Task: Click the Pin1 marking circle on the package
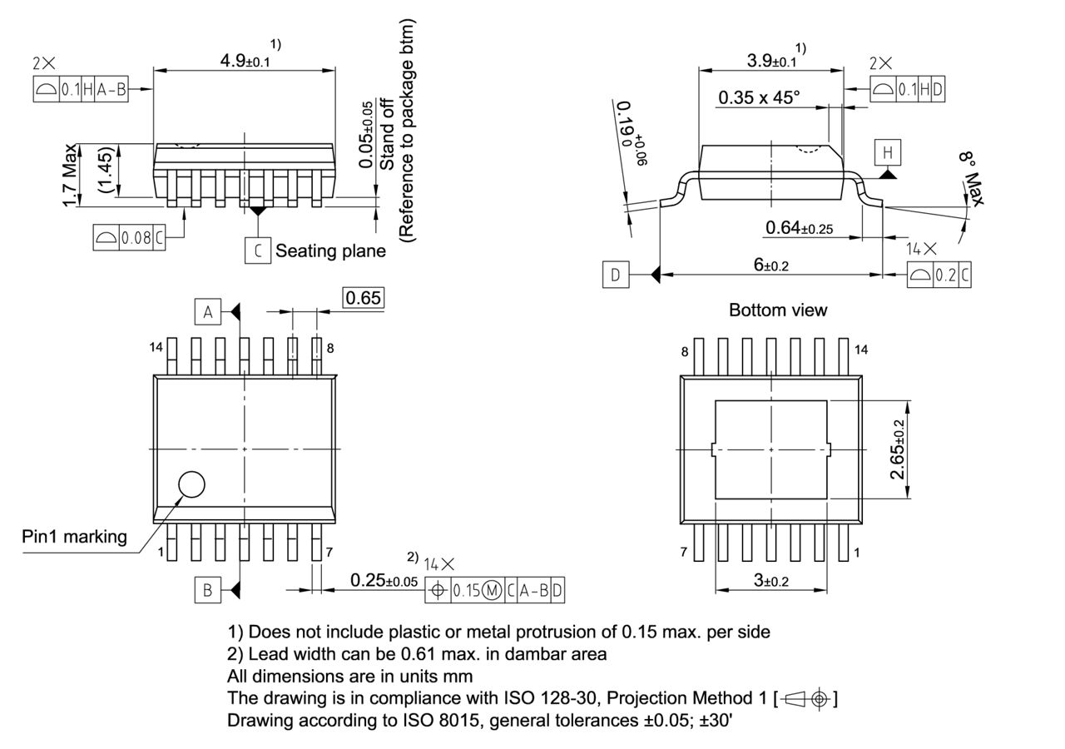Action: pos(192,484)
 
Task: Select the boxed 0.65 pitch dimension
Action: pos(364,297)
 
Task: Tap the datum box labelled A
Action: pos(208,311)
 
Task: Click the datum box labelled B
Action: pos(208,590)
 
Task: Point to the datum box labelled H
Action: pos(888,152)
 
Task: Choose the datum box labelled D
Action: pos(615,275)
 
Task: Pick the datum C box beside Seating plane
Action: pos(258,250)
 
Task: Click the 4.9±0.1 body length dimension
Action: pos(245,60)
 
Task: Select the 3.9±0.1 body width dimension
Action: pos(770,60)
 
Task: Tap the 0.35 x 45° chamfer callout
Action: pos(759,98)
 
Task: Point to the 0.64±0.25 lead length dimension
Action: pos(800,227)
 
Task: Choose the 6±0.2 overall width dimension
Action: pos(770,265)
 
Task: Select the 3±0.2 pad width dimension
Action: pos(770,580)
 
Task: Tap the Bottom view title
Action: pos(778,310)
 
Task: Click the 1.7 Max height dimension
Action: pos(72,175)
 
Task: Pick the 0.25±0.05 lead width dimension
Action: pos(384,580)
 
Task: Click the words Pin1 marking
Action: pos(74,537)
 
